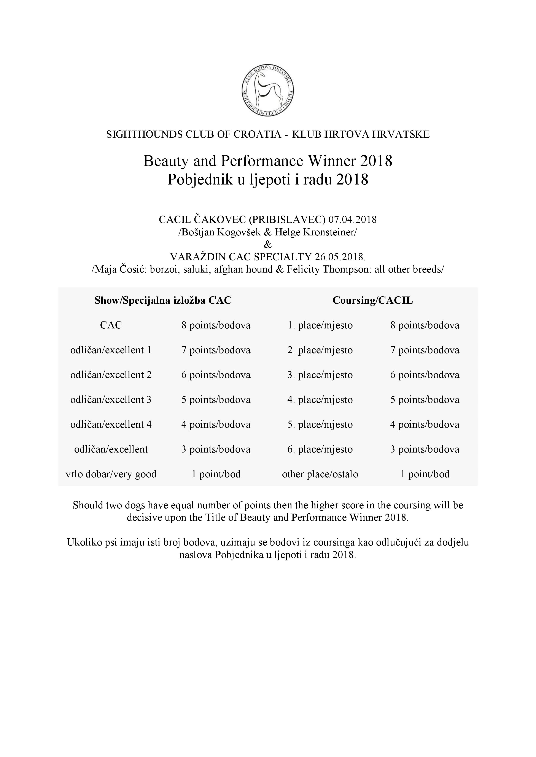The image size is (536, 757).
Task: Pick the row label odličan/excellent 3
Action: click(111, 400)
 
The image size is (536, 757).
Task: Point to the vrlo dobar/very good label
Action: click(111, 474)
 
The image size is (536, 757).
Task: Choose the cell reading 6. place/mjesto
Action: click(320, 449)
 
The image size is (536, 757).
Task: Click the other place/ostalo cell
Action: click(320, 474)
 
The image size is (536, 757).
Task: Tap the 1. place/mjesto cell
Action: click(320, 325)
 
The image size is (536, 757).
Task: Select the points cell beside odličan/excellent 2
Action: click(216, 375)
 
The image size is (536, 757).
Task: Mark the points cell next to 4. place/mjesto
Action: click(425, 400)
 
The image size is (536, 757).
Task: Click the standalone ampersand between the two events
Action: click(268, 244)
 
